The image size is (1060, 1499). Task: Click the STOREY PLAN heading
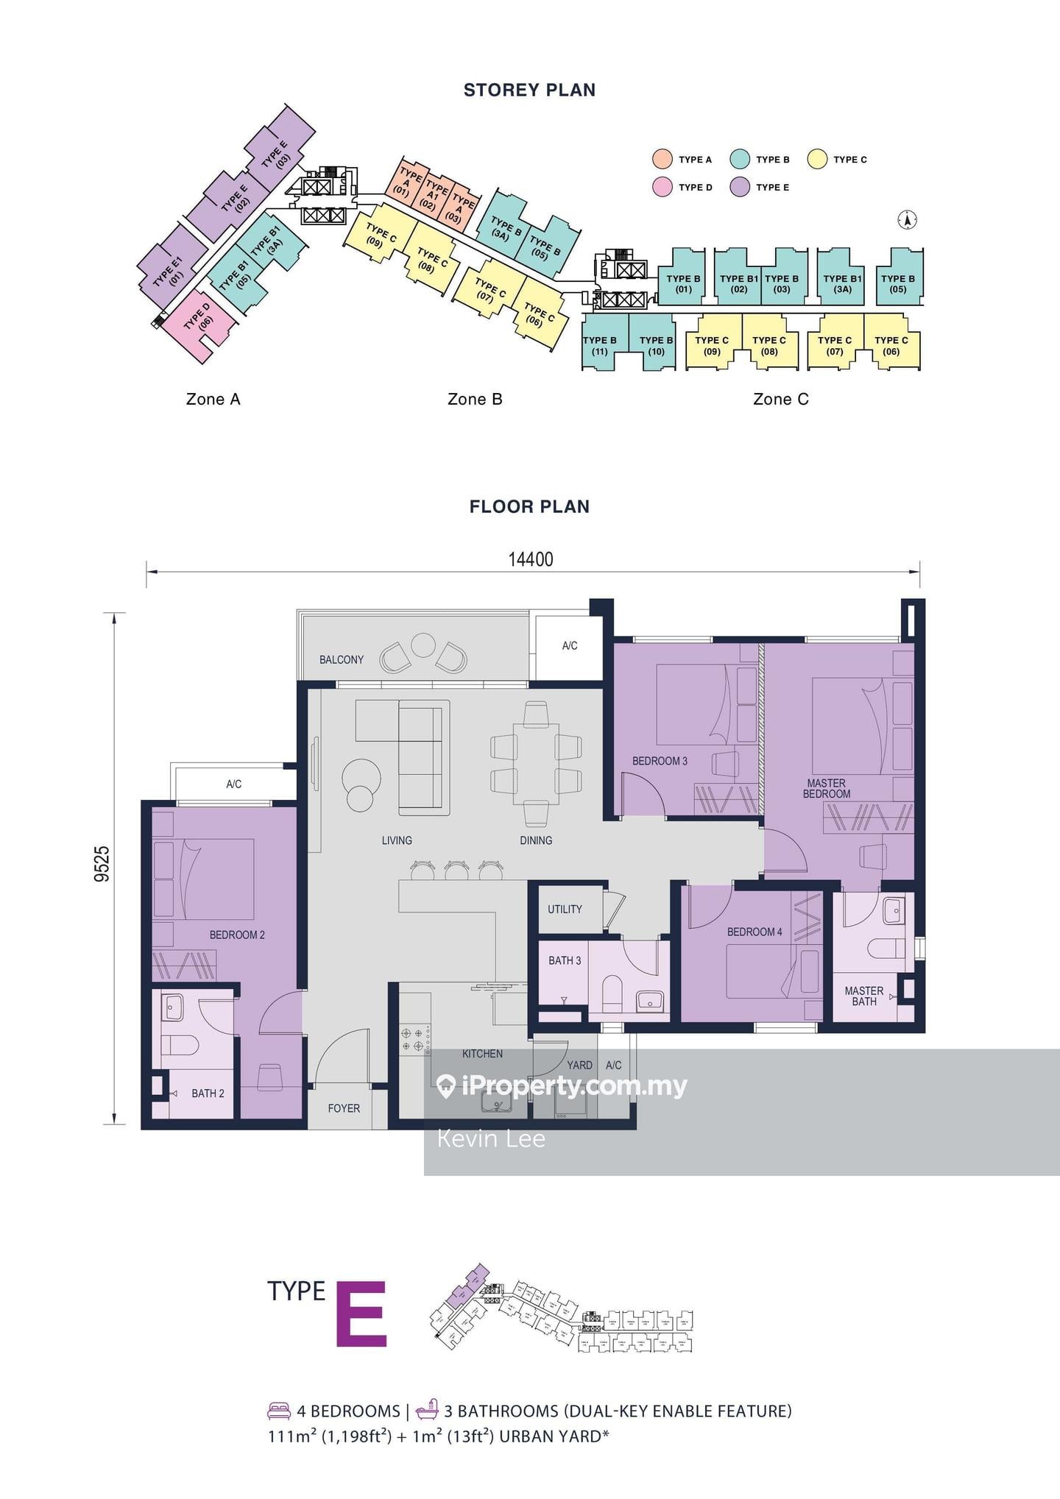[529, 90]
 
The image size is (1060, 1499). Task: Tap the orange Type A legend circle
[662, 159]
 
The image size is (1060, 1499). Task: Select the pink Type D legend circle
[662, 187]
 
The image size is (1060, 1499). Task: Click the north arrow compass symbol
[908, 219]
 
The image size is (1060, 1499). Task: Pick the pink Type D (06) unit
[196, 325]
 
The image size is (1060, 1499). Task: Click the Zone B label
[475, 399]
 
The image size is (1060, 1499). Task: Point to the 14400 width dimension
[530, 559]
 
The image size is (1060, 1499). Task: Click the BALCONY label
[341, 659]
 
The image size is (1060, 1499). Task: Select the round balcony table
[423, 645]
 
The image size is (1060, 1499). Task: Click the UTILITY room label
[565, 909]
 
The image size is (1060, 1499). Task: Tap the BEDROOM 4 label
[755, 932]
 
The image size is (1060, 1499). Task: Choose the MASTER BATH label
[863, 996]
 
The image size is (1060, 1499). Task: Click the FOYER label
[344, 1108]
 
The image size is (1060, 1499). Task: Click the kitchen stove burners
[411, 1038]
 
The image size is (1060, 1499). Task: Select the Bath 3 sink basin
[650, 1001]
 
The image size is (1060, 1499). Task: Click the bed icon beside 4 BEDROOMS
[279, 1411]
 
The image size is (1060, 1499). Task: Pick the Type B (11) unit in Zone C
[599, 345]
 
